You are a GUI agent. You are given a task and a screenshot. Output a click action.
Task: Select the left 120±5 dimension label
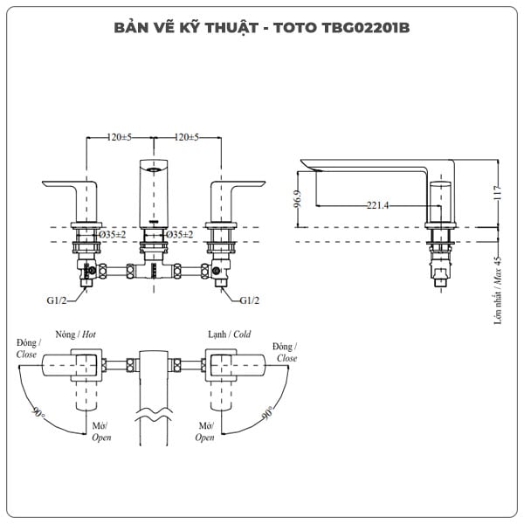119,138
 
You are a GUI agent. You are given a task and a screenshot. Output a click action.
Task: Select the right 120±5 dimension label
185,138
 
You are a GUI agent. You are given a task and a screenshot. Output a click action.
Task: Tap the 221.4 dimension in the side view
377,204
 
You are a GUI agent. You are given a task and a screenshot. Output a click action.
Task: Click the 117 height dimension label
497,193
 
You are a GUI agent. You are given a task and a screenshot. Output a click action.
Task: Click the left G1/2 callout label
59,300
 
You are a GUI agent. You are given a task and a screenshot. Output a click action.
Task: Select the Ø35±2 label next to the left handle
112,235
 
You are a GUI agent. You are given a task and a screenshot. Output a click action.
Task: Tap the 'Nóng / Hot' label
75,334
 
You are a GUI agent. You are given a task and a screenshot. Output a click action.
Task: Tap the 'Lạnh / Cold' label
229,334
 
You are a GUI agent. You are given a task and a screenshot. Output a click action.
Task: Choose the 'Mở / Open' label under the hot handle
100,432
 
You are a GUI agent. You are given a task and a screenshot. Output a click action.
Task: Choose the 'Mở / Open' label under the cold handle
204,432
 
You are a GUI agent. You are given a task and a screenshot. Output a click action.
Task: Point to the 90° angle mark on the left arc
38,411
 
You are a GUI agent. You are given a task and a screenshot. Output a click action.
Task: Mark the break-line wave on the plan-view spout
154,410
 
